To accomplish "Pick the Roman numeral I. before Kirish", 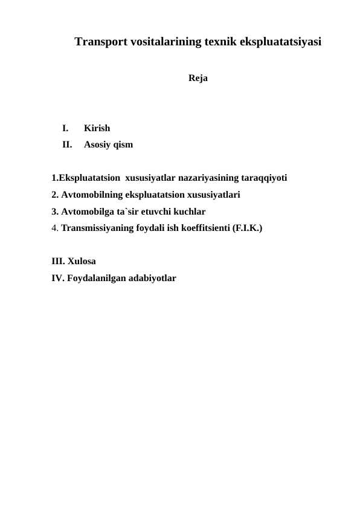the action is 65,128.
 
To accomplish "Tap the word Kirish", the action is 97,128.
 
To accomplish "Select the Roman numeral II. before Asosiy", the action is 66,145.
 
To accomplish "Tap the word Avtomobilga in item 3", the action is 89,212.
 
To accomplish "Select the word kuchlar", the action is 189,212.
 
